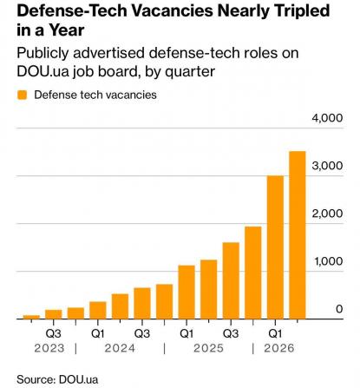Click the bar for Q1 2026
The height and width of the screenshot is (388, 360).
point(275,247)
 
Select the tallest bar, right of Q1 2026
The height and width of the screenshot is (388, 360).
point(298,235)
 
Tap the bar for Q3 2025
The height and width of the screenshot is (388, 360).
point(231,280)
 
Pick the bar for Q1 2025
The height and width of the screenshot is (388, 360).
point(187,293)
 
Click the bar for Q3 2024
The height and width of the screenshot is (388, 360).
point(142,303)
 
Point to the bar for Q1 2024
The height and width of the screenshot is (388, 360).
point(98,310)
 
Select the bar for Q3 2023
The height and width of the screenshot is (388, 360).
point(54,314)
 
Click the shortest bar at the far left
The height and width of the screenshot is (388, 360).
point(31,317)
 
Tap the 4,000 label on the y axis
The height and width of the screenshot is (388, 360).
point(327,118)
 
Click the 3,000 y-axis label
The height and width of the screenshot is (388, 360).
point(327,166)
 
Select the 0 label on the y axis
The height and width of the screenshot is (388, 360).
point(339,309)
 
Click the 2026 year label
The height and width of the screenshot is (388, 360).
point(279,348)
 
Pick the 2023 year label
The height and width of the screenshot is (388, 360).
point(49,348)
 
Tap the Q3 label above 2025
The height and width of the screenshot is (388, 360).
point(231,334)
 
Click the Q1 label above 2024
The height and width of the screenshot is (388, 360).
point(98,334)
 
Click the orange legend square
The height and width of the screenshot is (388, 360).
point(22,95)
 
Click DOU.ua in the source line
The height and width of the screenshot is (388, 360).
point(78,379)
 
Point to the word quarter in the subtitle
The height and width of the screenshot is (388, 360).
point(190,71)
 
